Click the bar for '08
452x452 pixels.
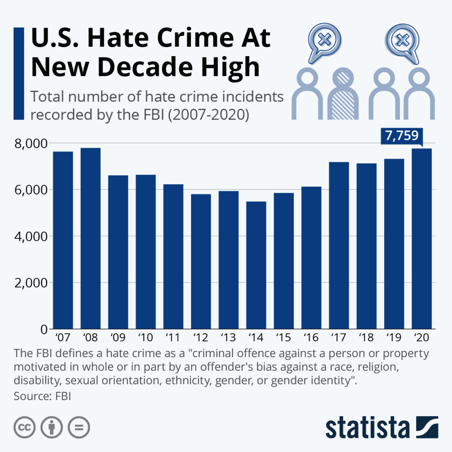coord(90,238)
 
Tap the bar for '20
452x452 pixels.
coord(422,238)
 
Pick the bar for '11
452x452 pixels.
coord(173,257)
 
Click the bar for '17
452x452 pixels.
coord(339,245)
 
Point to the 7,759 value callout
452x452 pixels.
coord(402,136)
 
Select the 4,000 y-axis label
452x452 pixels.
coord(32,236)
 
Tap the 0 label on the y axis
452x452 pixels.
coord(43,329)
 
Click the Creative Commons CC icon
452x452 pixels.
coord(25,427)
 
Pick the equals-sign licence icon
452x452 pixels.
coord(79,427)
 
